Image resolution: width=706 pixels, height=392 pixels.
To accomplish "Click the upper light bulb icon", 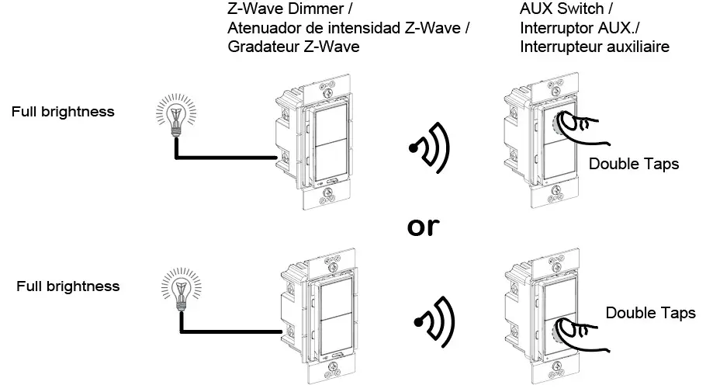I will (176, 116).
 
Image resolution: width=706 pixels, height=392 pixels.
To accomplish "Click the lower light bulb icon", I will (180, 289).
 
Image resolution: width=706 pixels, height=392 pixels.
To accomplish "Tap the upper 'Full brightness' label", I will (63, 112).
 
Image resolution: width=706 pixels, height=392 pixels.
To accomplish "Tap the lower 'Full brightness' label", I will (68, 286).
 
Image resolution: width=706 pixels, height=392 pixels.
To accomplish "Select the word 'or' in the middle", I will (423, 226).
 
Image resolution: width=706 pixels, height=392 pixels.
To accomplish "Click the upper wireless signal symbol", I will (431, 147).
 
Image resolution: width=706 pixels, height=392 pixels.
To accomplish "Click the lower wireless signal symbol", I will (434, 321).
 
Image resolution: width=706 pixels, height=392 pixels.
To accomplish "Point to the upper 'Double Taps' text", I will (634, 164).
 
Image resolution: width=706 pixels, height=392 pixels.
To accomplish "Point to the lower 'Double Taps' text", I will (650, 313).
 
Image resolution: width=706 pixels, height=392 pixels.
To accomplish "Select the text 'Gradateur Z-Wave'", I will (294, 47).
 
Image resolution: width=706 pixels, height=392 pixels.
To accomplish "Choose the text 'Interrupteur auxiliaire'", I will (594, 47).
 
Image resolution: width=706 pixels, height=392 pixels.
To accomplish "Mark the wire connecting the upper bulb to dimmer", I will (225, 158).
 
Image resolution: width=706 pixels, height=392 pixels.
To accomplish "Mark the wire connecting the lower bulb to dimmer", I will (229, 332).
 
